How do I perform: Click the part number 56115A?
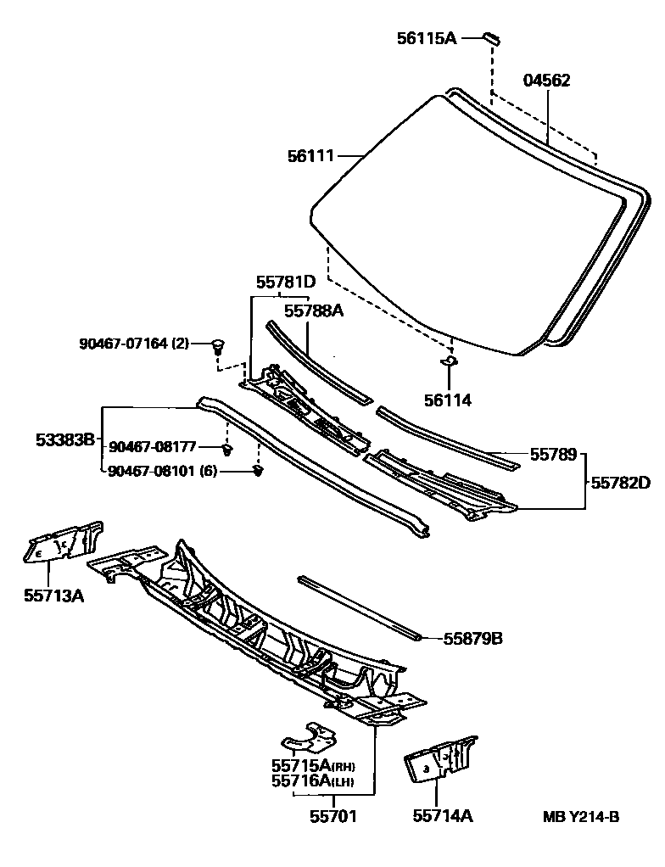pos(427,38)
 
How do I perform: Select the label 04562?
pos(546,81)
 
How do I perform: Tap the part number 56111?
pos(310,156)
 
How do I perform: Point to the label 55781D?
pos(286,282)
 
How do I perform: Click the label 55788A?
pos(313,310)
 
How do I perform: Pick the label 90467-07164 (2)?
pos(134,344)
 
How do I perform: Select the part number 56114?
pos(449,400)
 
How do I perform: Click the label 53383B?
pos(64,440)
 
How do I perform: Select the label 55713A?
pos(53,595)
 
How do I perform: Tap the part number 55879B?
pos(472,638)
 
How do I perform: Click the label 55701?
pos(332,816)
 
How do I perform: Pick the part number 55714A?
pos(443,816)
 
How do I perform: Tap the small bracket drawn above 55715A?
pos(308,738)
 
